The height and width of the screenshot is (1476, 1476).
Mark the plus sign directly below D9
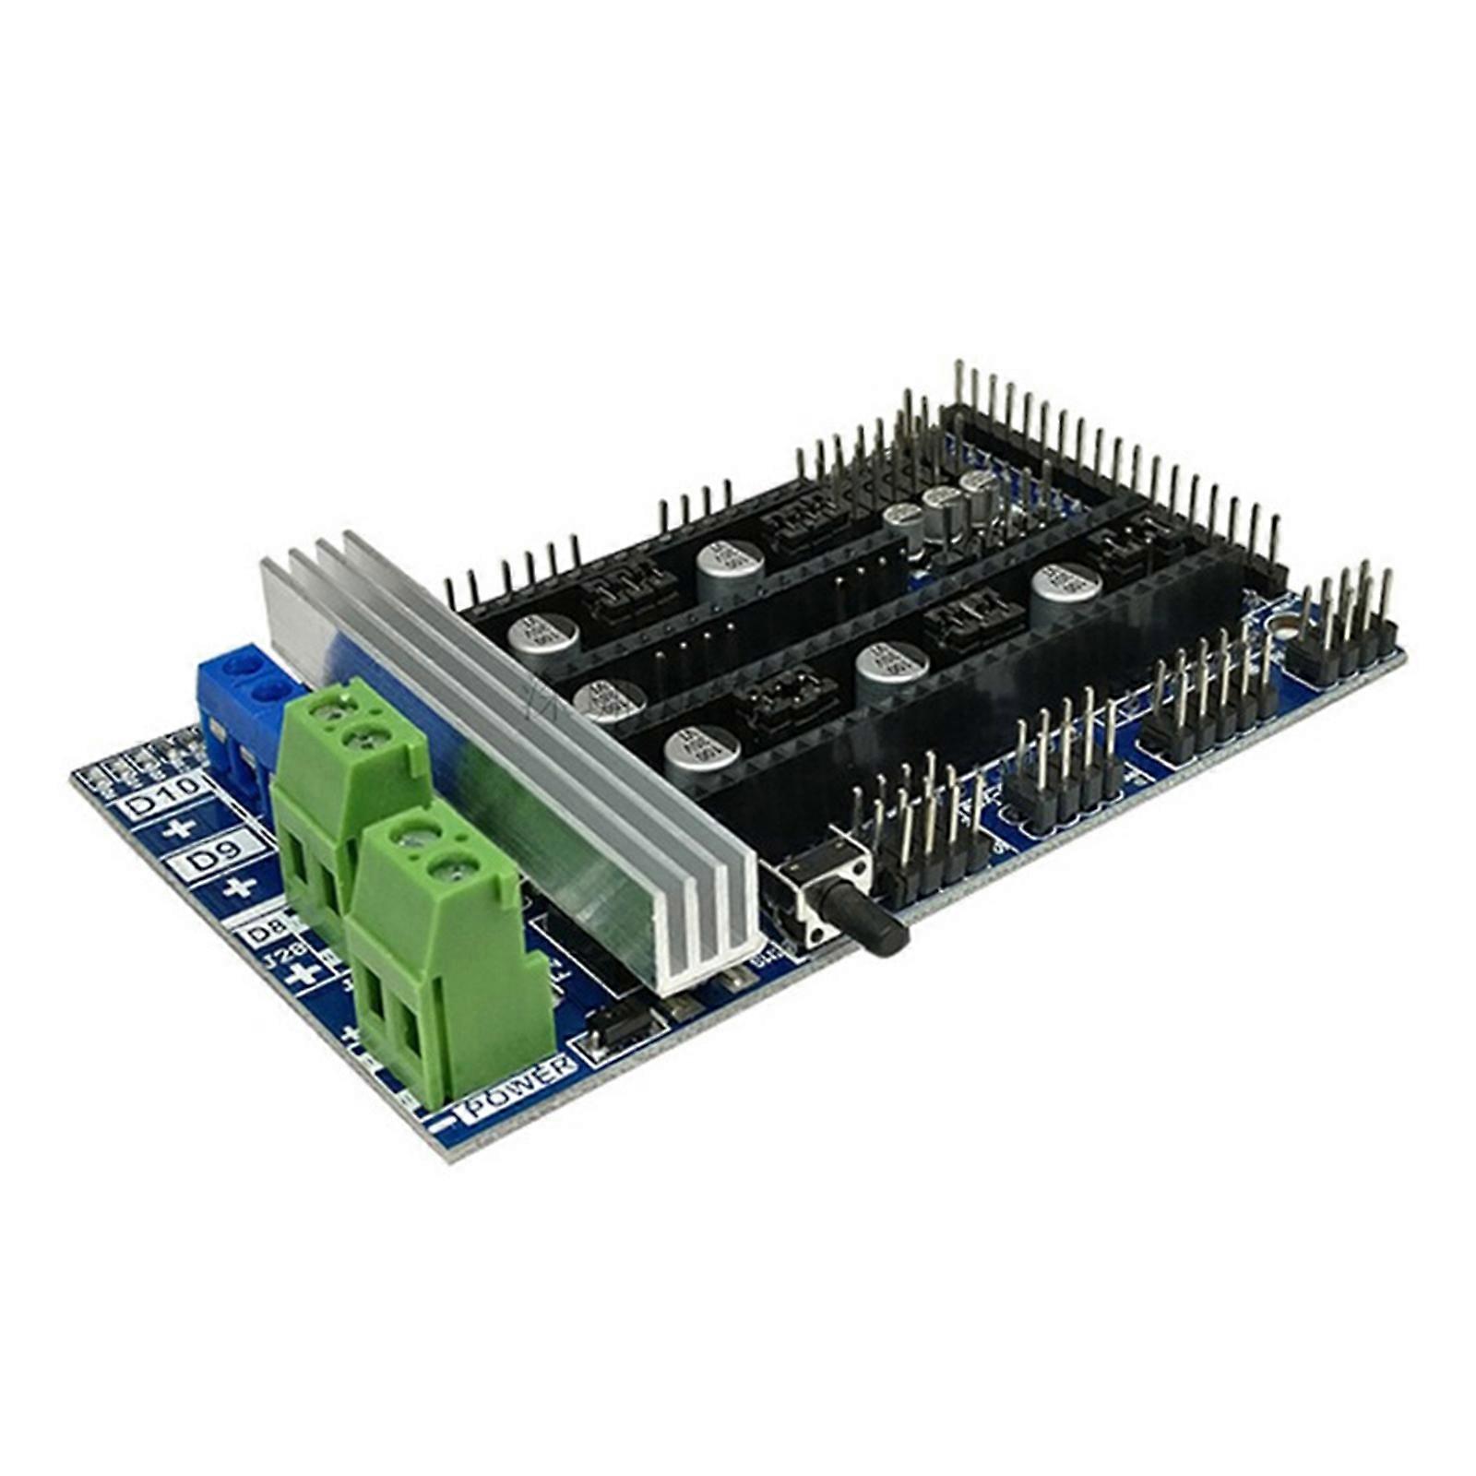click(239, 888)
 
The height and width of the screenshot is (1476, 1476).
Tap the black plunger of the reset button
click(872, 922)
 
